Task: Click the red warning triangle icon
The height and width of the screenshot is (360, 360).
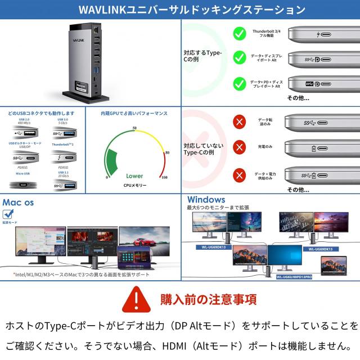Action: click(137, 299)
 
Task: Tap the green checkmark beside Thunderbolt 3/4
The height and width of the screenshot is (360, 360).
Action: click(239, 34)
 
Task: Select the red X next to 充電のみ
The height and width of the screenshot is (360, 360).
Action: click(240, 147)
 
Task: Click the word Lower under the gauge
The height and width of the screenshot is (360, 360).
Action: click(134, 176)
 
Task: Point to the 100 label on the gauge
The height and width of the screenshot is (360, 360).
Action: click(164, 178)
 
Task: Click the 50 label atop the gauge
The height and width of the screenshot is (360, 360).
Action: click(134, 128)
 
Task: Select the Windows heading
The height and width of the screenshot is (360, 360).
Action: click(206, 200)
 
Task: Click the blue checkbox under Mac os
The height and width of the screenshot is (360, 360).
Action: click(8, 214)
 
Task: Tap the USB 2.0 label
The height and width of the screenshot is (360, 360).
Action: click(24, 120)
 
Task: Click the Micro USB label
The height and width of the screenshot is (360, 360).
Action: click(22, 174)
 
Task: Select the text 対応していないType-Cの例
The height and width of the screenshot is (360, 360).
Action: click(203, 149)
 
